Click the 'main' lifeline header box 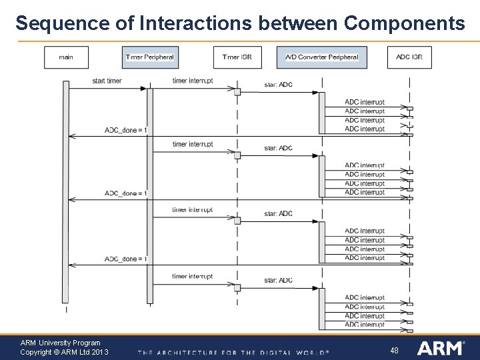pyautogui.click(x=66, y=57)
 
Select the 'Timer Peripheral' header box pyautogui.click(x=149, y=57)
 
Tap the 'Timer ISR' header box pyautogui.click(x=237, y=57)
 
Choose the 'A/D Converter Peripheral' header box pyautogui.click(x=321, y=57)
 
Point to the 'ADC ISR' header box pyautogui.click(x=409, y=57)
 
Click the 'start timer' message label pyautogui.click(x=107, y=81)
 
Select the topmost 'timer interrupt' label pyautogui.click(x=193, y=81)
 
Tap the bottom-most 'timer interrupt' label pyautogui.click(x=193, y=277)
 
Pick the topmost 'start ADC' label pyautogui.click(x=278, y=85)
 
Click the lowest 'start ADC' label pyautogui.click(x=278, y=281)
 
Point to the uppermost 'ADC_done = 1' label pyautogui.click(x=126, y=129)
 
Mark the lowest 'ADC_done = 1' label pyautogui.click(x=126, y=259)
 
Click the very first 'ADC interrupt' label pyautogui.click(x=365, y=102)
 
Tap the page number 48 pyautogui.click(x=394, y=350)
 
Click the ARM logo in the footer pyautogui.click(x=441, y=348)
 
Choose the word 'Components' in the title pyautogui.click(x=404, y=23)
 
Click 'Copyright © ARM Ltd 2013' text pyautogui.click(x=64, y=352)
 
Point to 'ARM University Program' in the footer pyautogui.click(x=60, y=343)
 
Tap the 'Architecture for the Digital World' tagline pyautogui.click(x=233, y=352)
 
